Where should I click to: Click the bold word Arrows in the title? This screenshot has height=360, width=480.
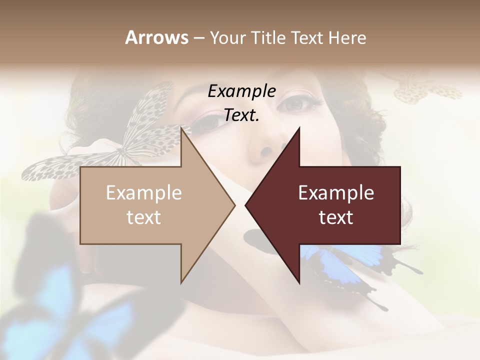click(156, 37)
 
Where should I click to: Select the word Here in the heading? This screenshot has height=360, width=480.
click(347, 37)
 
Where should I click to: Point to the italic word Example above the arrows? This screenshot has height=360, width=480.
click(241, 91)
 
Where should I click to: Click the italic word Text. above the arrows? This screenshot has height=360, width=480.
click(241, 115)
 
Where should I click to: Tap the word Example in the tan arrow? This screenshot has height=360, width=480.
click(144, 193)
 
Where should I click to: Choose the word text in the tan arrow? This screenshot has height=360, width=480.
click(144, 217)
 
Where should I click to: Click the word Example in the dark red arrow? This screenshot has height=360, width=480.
click(336, 193)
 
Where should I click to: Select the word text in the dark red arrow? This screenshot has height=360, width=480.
click(336, 217)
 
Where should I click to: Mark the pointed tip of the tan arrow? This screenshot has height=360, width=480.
click(233, 205)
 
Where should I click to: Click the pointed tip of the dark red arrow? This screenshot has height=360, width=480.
click(246, 205)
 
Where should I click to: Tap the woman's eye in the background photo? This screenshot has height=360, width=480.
click(299, 103)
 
